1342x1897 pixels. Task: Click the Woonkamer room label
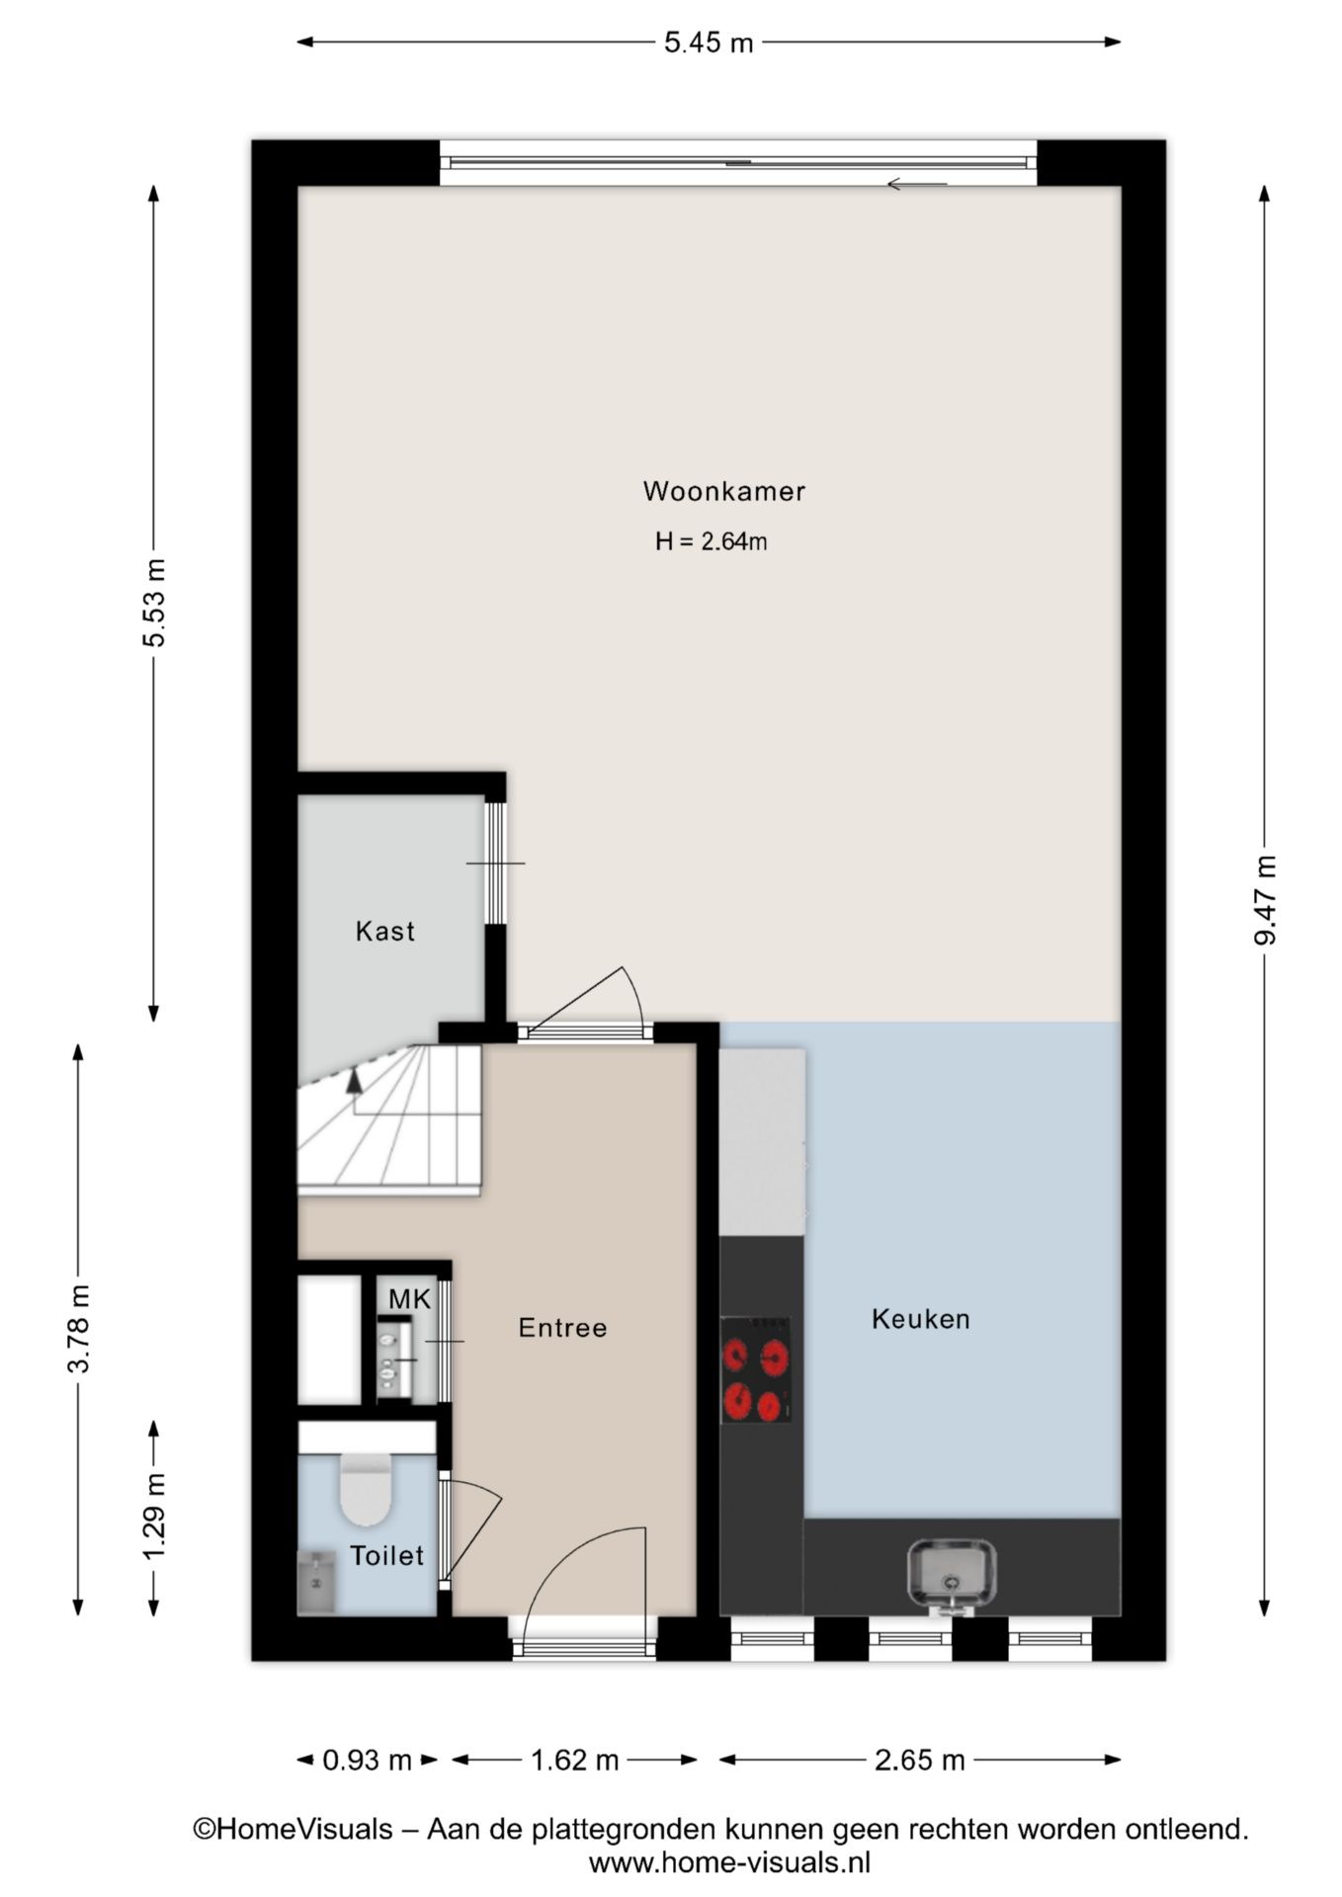click(723, 491)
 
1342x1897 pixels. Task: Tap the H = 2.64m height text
click(711, 541)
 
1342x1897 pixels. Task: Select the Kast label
click(384, 931)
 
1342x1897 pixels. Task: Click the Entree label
click(562, 1327)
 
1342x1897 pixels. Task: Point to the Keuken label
click(920, 1319)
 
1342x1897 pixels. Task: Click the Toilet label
click(386, 1556)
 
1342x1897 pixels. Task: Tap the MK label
click(409, 1299)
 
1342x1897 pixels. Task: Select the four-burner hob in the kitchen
click(756, 1369)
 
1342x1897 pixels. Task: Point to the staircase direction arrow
click(354, 1080)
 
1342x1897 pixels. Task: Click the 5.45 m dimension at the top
click(708, 42)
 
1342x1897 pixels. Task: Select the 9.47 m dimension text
click(1265, 899)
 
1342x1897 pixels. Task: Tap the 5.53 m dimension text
click(154, 602)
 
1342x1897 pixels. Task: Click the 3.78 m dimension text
click(79, 1328)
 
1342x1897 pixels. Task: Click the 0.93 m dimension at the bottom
click(367, 1760)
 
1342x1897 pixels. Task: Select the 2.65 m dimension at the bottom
click(919, 1760)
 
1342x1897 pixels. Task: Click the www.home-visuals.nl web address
click(729, 1863)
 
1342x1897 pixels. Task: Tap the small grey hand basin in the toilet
click(316, 1582)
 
